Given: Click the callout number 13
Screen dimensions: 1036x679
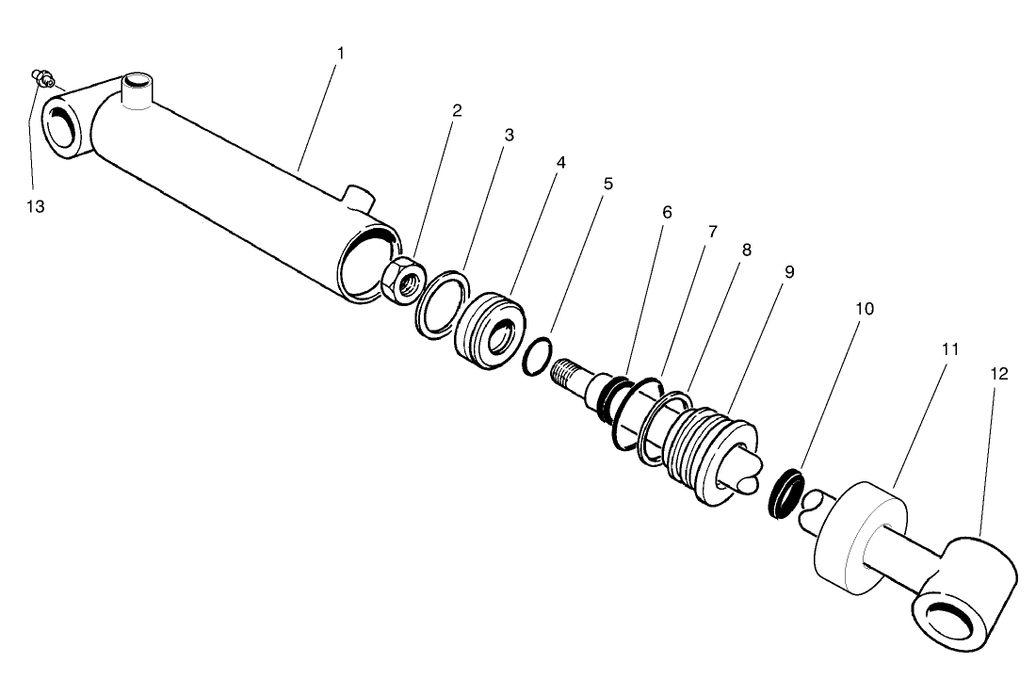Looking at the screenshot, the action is [x=35, y=206].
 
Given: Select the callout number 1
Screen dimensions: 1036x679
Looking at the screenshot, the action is [x=341, y=53].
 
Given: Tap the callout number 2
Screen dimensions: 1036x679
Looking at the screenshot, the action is [x=457, y=110].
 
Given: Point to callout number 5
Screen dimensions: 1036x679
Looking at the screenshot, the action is [x=607, y=183].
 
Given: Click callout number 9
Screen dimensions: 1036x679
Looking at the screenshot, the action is [x=788, y=271].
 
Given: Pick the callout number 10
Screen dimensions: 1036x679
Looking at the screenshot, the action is [x=865, y=308].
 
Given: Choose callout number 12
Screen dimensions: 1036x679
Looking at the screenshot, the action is [x=999, y=373].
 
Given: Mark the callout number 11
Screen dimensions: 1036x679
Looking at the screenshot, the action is [x=950, y=348].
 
